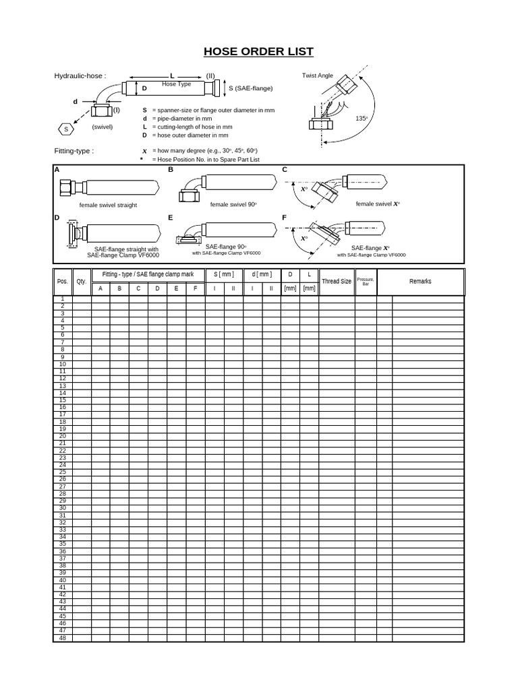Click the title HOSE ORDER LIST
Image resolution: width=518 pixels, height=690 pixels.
pyautogui.click(x=259, y=52)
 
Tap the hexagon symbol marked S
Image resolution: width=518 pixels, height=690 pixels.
pyautogui.click(x=65, y=129)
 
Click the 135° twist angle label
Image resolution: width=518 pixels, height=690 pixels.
pyautogui.click(x=362, y=118)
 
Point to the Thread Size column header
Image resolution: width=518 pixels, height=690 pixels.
pyautogui.click(x=337, y=281)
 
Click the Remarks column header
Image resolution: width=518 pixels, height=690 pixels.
pyautogui.click(x=420, y=281)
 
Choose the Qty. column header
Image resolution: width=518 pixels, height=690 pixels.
pyautogui.click(x=82, y=282)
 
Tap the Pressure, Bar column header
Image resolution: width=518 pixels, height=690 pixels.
pyautogui.click(x=366, y=281)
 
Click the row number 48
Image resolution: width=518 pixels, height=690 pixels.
pyautogui.click(x=63, y=637)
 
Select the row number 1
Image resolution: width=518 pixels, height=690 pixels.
pyautogui.click(x=63, y=299)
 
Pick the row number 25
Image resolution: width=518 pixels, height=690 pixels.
pyautogui.click(x=63, y=472)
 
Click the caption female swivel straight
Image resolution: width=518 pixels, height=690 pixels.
pyautogui.click(x=108, y=205)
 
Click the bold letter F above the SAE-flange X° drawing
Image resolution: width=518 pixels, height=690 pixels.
pyautogui.click(x=285, y=218)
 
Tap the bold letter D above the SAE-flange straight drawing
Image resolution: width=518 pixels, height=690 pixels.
pyautogui.click(x=57, y=218)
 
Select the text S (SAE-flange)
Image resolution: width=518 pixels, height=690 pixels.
pyautogui.click(x=250, y=88)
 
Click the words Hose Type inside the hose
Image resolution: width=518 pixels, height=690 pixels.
pyautogui.click(x=176, y=84)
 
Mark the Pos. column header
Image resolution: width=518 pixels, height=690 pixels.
pyautogui.click(x=63, y=282)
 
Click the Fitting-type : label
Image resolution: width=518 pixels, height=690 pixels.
pyautogui.click(x=74, y=151)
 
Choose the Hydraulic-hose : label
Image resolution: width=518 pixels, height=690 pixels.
pyautogui.click(x=80, y=76)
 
